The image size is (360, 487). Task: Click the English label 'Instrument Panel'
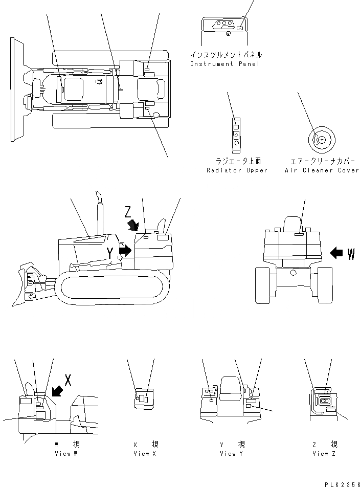[225, 64]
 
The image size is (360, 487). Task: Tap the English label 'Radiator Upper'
[237, 170]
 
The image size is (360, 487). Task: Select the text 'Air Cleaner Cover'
[322, 170]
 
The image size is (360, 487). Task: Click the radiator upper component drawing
[236, 135]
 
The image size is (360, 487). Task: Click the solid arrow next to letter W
[337, 252]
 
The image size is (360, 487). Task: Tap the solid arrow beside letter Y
[125, 250]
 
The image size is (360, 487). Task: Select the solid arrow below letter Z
[133, 225]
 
